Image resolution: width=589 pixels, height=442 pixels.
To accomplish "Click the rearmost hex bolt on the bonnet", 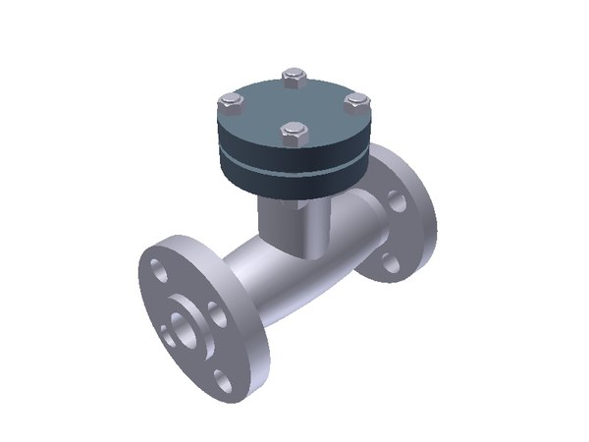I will pos(294,75).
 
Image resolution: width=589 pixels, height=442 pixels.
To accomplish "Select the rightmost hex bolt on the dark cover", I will pos(356,101).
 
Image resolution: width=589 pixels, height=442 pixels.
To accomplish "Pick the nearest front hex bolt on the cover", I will pos(291,132).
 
